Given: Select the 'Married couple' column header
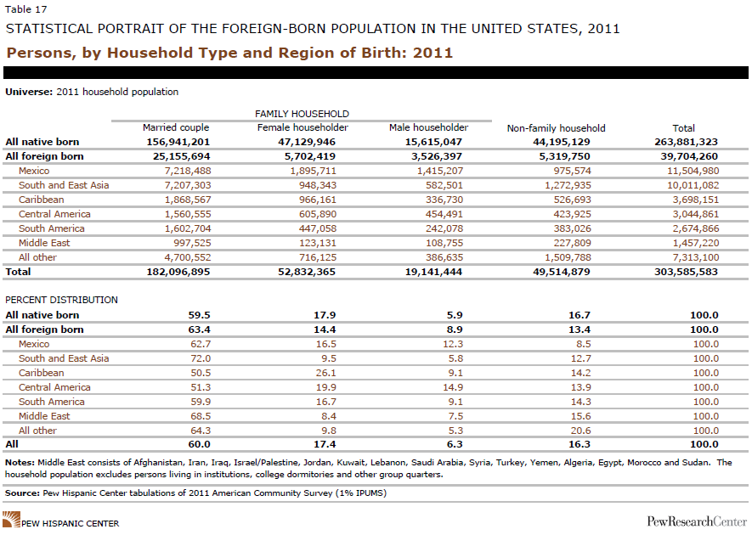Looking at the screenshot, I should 176,128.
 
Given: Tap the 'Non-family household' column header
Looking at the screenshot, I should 556,128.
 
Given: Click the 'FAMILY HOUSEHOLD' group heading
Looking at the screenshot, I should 302,114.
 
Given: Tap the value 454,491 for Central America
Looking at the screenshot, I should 439,214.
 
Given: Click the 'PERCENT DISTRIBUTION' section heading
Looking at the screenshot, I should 61,301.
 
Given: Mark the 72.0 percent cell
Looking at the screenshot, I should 197,358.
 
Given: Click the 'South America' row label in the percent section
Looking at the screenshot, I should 52,402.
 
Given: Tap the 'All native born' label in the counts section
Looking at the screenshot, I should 42,142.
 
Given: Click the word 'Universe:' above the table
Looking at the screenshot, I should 29,92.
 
